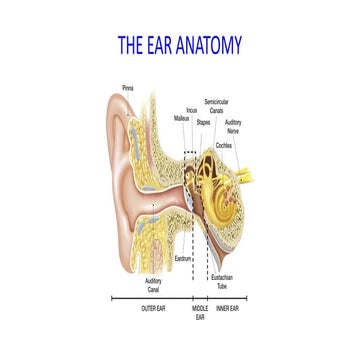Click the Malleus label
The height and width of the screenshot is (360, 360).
(x=181, y=118)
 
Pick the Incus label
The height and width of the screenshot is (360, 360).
(x=191, y=111)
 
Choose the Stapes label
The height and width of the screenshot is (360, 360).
(x=203, y=122)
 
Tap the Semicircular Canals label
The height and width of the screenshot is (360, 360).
(x=216, y=106)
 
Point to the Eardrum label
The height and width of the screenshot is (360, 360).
(x=182, y=258)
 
